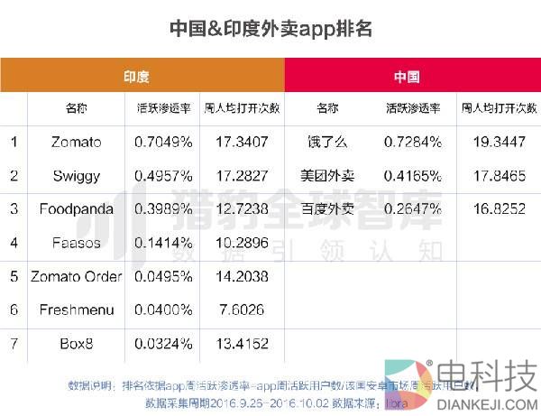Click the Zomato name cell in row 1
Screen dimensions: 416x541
tap(77, 142)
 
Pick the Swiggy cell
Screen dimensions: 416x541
tap(77, 175)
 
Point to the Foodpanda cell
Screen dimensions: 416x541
tap(77, 208)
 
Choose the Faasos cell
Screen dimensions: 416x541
tap(77, 243)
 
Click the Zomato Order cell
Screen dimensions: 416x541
tap(77, 276)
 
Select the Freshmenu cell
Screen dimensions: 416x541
tap(77, 310)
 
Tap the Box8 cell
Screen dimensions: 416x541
tap(77, 343)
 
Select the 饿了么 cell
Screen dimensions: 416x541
tap(327, 142)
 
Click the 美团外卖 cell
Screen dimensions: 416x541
tap(327, 175)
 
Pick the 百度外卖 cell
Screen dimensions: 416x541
tap(327, 208)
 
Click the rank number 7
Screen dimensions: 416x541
tap(14, 343)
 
